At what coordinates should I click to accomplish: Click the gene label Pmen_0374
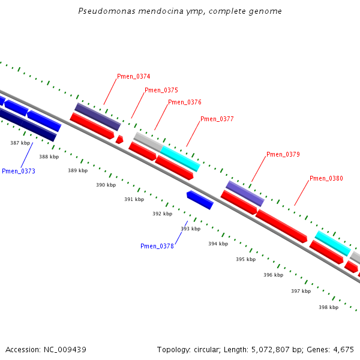(x=133, y=77)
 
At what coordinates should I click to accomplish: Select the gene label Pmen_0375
(x=161, y=91)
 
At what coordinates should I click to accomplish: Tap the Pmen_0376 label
(x=184, y=103)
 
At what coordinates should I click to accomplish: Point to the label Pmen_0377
(x=217, y=119)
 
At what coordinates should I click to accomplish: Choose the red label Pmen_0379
(x=283, y=155)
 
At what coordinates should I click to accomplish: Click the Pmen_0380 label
(x=326, y=179)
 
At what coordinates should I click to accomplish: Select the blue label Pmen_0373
(x=19, y=172)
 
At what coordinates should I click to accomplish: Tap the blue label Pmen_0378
(x=157, y=246)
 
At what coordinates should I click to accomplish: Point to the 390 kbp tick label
(x=106, y=185)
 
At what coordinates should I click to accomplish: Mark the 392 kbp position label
(x=162, y=214)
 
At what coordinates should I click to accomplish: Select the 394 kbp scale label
(x=218, y=244)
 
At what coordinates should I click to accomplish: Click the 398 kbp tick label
(x=328, y=307)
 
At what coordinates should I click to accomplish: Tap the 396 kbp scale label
(x=274, y=275)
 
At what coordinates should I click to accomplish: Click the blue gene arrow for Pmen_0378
(x=200, y=200)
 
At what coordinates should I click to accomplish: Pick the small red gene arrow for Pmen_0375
(x=119, y=140)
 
